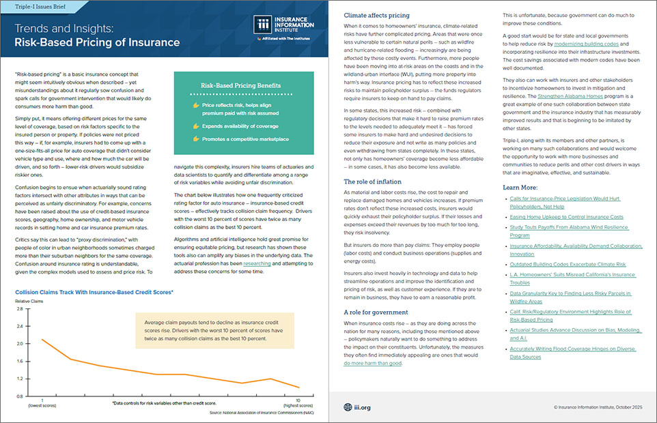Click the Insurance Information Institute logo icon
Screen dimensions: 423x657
point(263,25)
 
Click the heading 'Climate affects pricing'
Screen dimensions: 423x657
point(376,14)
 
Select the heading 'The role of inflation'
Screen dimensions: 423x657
point(372,181)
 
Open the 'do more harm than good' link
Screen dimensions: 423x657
point(372,363)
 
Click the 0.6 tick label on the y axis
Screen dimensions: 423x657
point(20,396)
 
